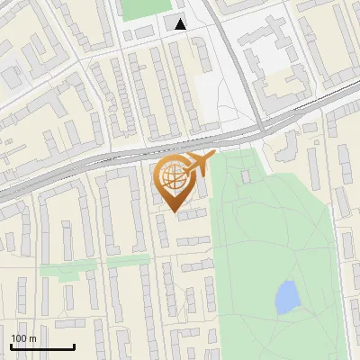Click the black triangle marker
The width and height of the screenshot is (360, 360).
click(181, 24)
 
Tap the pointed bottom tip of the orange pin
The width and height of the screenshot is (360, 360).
click(173, 212)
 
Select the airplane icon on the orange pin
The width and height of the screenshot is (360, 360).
click(197, 164)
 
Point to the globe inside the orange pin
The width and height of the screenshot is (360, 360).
click(173, 178)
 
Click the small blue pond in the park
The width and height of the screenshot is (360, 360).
click(287, 296)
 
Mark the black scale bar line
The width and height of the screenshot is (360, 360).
click(41, 346)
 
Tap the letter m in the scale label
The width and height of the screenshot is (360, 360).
click(32, 338)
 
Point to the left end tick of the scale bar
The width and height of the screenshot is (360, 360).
click(10, 345)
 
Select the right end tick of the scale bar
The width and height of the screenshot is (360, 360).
click(74, 345)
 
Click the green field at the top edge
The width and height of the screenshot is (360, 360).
click(138, 8)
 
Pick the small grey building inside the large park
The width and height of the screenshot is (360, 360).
click(245, 176)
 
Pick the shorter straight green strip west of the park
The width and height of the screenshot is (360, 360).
click(129, 260)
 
